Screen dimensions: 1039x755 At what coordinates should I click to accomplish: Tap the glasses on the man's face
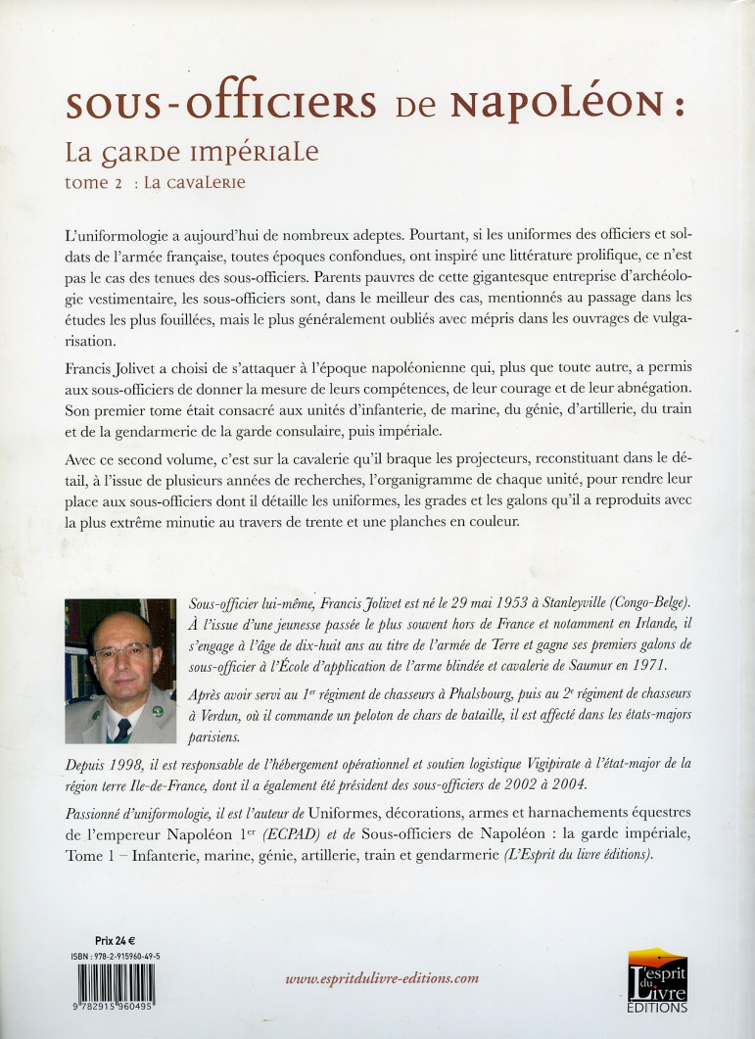(x=122, y=650)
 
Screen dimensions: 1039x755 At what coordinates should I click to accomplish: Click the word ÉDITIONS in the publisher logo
(x=658, y=1007)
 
